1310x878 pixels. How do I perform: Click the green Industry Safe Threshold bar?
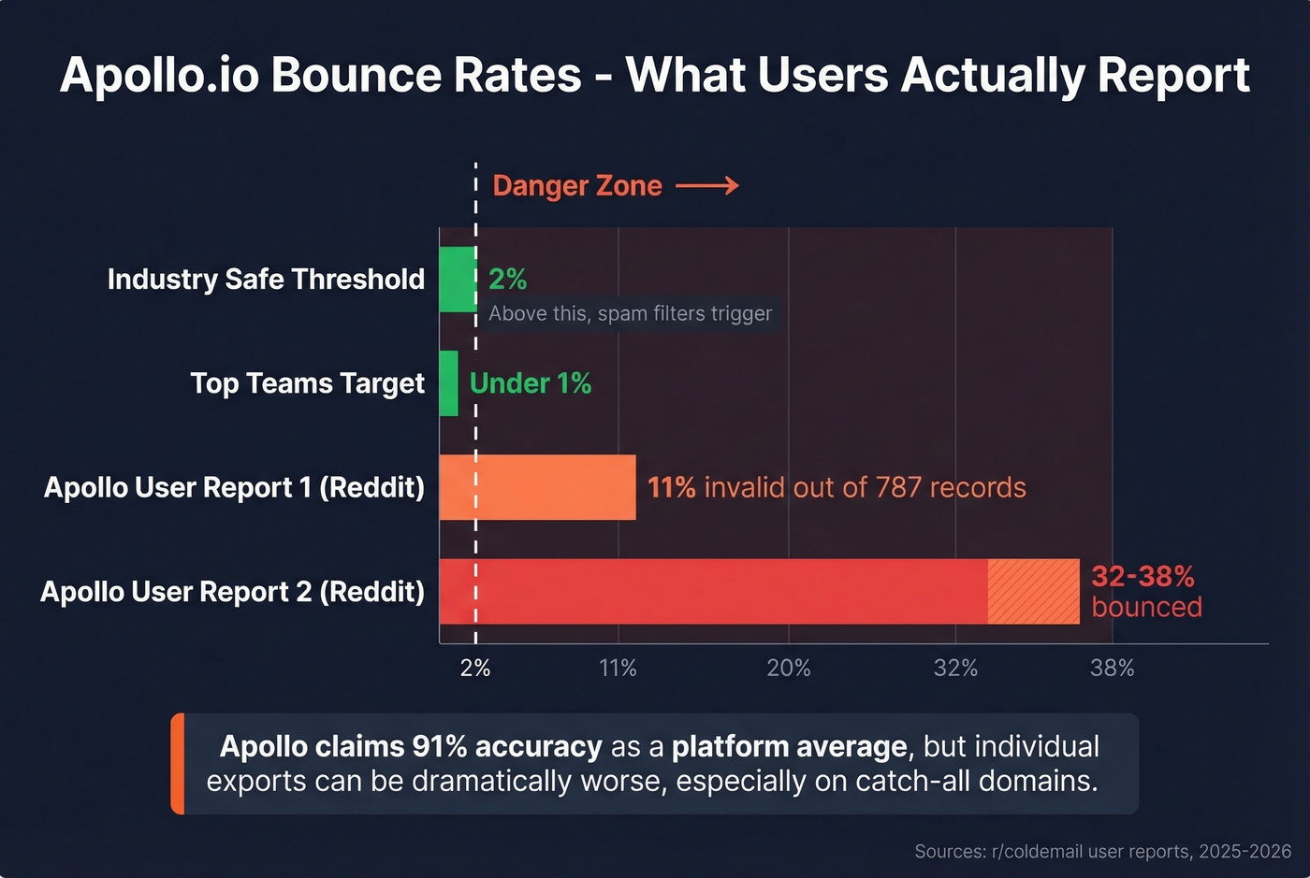pos(458,280)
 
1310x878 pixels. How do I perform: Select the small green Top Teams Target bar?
pos(449,383)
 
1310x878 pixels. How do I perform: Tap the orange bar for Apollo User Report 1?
pos(537,487)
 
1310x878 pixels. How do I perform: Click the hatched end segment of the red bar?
pos(1033,591)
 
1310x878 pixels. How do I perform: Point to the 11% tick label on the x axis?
pos(618,669)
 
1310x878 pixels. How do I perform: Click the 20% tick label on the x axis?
pos(788,669)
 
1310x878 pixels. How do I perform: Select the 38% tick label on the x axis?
pos(1112,669)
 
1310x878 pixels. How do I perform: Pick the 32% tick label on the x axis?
pos(955,669)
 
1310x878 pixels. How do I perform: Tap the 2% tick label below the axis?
pos(475,669)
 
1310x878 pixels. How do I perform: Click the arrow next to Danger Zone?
pos(707,186)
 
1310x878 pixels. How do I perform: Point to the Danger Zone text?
pos(577,186)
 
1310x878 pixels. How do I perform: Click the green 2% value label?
pos(507,279)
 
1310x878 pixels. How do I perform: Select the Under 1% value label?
pos(531,383)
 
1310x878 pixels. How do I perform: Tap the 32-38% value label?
pos(1143,576)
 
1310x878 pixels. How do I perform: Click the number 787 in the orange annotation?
pos(898,487)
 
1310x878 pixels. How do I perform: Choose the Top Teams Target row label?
pos(307,383)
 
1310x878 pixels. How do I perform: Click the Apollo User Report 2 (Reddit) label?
pos(232,592)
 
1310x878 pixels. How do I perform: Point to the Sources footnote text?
pos(1102,852)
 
